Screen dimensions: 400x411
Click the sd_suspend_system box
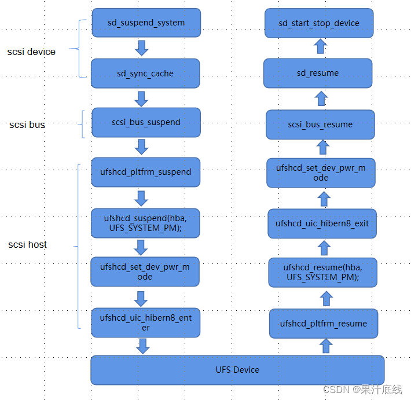tap(146, 23)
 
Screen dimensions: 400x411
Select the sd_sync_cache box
tap(145, 74)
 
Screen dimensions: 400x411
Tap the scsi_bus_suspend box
tap(146, 122)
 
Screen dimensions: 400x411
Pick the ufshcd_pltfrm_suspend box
tap(145, 171)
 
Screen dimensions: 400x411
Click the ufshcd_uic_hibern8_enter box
tap(145, 322)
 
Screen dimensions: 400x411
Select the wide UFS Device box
tap(237, 370)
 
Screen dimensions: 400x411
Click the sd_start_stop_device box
tap(318, 23)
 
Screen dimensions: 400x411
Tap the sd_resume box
tap(317, 73)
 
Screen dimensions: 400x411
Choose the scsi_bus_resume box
tap(320, 124)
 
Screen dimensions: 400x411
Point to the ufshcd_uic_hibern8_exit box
tap(322, 223)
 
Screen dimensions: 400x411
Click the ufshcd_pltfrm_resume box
tap(323, 324)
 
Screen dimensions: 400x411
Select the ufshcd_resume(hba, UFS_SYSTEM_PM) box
tap(322, 272)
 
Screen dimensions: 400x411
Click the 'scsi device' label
tap(31, 52)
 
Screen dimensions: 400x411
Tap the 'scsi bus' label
tap(27, 124)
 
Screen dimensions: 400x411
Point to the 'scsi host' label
tap(28, 244)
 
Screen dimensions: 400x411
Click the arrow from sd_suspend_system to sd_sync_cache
tap(141, 47)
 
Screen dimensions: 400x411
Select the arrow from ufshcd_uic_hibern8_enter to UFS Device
tap(142, 346)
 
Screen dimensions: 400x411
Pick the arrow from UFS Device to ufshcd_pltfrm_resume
tap(326, 346)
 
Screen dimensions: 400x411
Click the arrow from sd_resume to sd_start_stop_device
tap(320, 47)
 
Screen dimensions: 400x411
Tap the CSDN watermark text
tap(362, 389)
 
